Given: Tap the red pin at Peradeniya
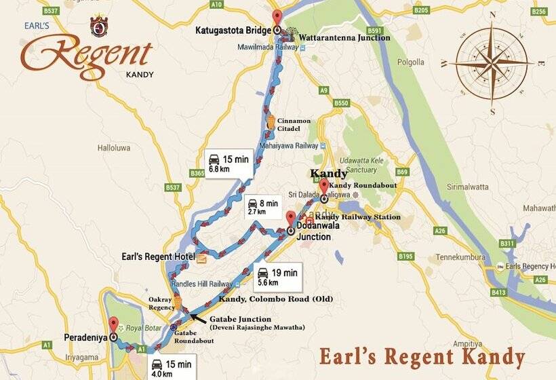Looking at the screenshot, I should coord(113,324).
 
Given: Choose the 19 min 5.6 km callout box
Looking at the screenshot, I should coord(278,276).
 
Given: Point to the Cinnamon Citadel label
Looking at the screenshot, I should coord(294,125).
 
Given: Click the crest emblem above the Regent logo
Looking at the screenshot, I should coord(98,26).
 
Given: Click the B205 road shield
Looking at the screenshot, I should coord(421,10).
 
